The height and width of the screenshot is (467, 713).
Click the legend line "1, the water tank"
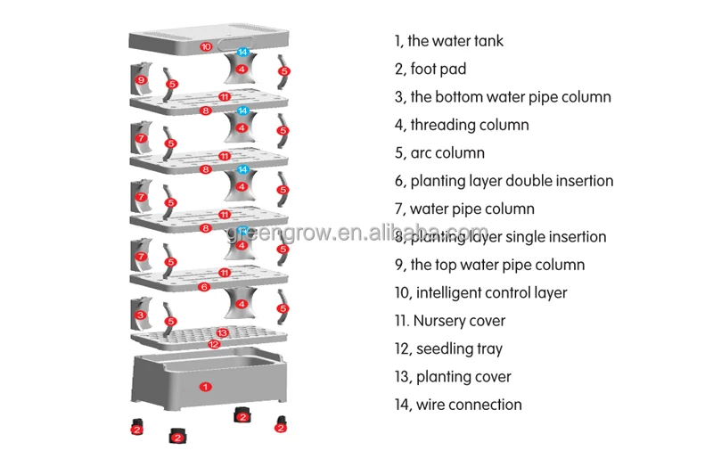[x=448, y=41]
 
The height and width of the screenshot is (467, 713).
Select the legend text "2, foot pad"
[x=430, y=69]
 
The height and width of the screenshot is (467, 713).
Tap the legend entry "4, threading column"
[x=461, y=125]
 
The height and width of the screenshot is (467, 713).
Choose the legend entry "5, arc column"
[x=438, y=152]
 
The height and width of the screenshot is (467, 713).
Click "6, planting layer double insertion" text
[x=504, y=181]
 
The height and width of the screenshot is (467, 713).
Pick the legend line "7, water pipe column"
[x=463, y=209]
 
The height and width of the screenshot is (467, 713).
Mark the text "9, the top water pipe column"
[x=489, y=265]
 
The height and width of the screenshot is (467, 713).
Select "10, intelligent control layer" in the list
[x=480, y=292]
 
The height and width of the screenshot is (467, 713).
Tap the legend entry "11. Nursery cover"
[x=449, y=321]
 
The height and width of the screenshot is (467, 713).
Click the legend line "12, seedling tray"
[x=447, y=348]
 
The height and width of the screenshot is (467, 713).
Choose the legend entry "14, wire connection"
[x=457, y=405]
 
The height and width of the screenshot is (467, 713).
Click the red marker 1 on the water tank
[x=205, y=386]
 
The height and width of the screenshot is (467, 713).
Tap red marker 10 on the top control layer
[x=205, y=46]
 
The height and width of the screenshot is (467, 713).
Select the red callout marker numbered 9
[x=141, y=80]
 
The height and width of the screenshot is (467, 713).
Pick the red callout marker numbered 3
[x=141, y=315]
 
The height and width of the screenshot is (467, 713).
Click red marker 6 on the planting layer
[x=205, y=287]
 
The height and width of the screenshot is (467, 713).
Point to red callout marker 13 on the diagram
[x=222, y=332]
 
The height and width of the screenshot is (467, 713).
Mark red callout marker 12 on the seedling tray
[x=214, y=344]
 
